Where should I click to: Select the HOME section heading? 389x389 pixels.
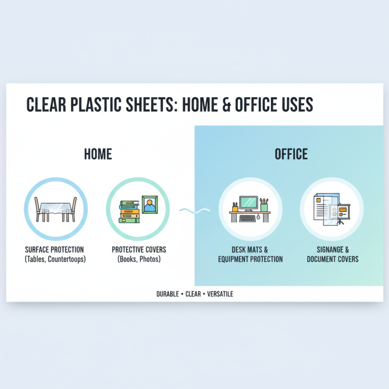click(98, 154)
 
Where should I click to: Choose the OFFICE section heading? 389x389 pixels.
click(291, 154)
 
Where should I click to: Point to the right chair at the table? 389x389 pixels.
click(73, 209)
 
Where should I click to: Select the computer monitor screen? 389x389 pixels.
click(249, 201)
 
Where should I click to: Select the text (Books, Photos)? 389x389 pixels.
click(139, 259)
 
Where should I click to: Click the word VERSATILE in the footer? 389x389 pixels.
click(220, 294)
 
